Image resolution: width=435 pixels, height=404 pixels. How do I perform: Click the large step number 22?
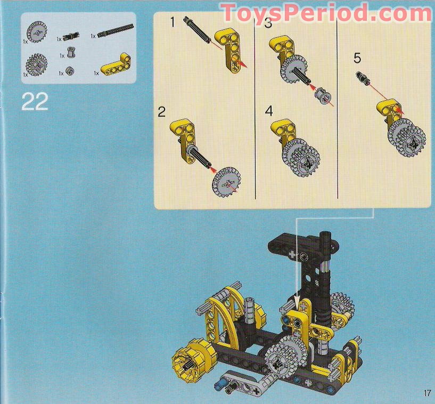[x=35, y=101]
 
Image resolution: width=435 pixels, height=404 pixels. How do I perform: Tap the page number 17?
[x=427, y=394]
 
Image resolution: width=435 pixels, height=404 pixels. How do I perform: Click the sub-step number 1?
[x=172, y=22]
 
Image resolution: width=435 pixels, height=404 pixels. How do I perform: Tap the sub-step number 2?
[x=162, y=112]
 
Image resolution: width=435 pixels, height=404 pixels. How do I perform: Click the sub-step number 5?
[x=357, y=57]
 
